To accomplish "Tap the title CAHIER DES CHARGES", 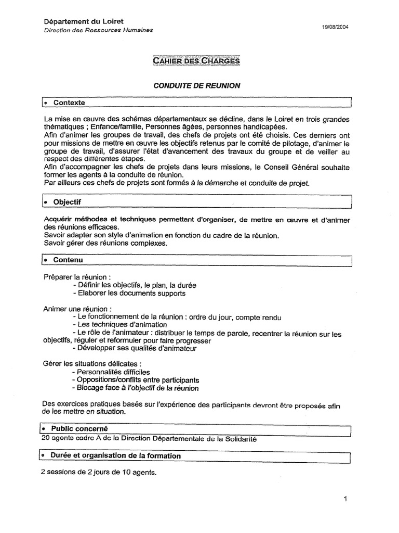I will click(x=196, y=61).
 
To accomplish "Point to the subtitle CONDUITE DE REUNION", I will click(x=196, y=86).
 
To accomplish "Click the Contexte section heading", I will click(x=69, y=103).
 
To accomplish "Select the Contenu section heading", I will click(x=68, y=259).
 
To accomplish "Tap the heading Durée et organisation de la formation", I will click(x=115, y=455).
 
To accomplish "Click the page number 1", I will click(x=345, y=499).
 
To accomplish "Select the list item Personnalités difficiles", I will click(x=111, y=372).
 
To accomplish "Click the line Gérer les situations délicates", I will click(x=91, y=363).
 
